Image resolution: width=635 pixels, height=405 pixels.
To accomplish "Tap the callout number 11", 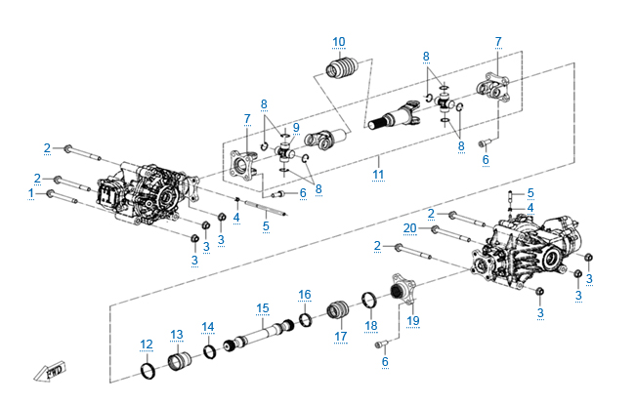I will tap(377, 174).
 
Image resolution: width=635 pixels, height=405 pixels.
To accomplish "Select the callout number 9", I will tap(295, 127).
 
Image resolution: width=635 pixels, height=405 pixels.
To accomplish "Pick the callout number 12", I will tap(147, 344).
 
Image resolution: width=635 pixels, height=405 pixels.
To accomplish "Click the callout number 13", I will tap(176, 335).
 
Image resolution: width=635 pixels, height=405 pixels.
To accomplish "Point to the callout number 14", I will tap(207, 326).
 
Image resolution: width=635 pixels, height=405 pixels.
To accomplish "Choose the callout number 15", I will tap(262, 308).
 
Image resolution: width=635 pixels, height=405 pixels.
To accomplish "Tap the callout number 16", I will tap(305, 294).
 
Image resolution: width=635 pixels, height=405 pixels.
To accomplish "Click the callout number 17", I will tap(341, 337).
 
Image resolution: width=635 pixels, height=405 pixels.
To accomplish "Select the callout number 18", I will tap(370, 325).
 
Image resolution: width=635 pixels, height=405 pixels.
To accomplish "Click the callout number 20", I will tap(410, 227).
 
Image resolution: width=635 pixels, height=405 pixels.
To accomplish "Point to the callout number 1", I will tap(31, 193).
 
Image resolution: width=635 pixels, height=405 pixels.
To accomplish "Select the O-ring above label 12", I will tap(148, 371).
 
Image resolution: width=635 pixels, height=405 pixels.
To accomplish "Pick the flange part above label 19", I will tap(399, 291).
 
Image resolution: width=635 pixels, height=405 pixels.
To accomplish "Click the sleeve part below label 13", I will tap(182, 363).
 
